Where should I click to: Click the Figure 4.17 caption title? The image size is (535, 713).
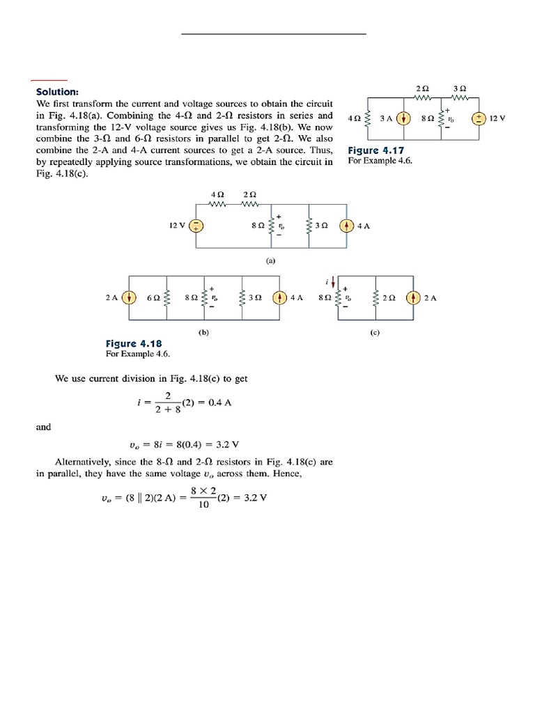[x=375, y=150]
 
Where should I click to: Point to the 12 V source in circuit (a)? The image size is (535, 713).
[x=196, y=225]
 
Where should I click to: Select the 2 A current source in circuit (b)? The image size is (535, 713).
[x=129, y=297]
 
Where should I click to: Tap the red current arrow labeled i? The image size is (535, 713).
[x=334, y=283]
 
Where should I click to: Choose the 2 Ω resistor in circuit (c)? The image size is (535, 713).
[x=376, y=297]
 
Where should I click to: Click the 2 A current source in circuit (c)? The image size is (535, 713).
[x=414, y=297]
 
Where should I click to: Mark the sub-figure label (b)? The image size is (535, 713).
[x=203, y=333]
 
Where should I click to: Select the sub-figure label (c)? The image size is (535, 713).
[x=375, y=333]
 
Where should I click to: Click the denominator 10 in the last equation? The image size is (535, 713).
[x=203, y=505]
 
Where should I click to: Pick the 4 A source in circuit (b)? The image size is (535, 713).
[x=279, y=297]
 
